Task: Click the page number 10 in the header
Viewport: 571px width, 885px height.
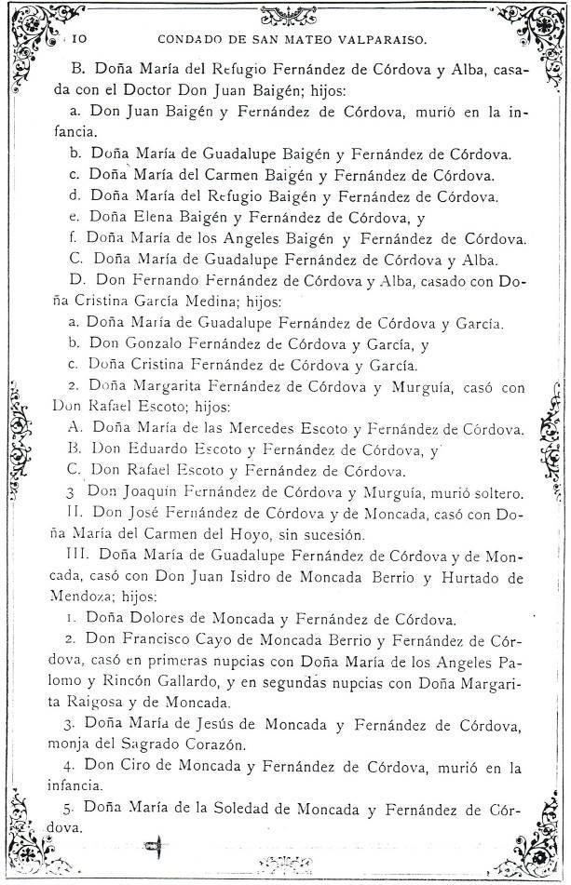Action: click(x=79, y=40)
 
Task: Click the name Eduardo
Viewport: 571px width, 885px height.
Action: click(x=164, y=450)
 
